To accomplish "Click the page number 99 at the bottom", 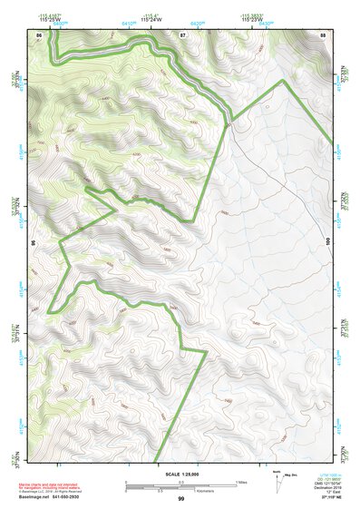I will (180, 499).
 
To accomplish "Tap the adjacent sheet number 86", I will (38, 34).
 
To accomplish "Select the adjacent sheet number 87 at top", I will (182, 34).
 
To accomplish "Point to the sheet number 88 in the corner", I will (323, 34).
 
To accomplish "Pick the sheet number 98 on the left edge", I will (34, 243).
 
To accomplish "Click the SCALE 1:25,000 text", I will (180, 474).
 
